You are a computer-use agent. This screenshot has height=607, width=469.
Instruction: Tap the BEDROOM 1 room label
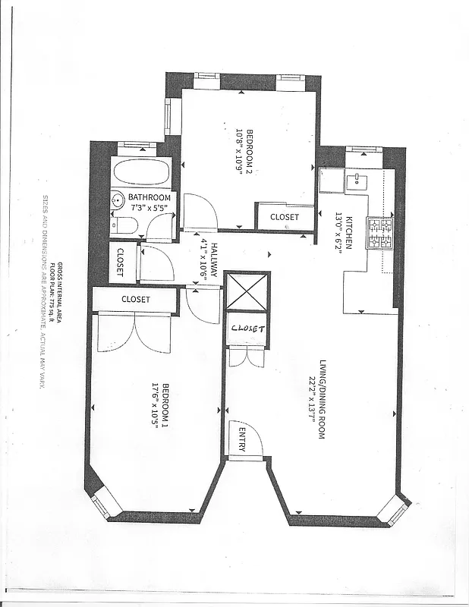coord(165,407)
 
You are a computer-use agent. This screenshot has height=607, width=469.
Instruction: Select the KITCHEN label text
coord(349,232)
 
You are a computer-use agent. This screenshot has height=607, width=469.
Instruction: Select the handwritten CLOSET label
coord(247,329)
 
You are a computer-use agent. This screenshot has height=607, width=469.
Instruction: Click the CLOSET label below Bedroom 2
coord(285,217)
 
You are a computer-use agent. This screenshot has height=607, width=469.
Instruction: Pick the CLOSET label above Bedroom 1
coord(136,300)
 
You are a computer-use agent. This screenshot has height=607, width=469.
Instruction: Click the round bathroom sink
coord(118,201)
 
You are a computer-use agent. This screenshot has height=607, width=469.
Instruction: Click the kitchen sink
coord(355,180)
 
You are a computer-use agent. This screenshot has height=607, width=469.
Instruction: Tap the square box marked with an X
coord(247,291)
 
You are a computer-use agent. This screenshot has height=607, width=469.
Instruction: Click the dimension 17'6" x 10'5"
coord(155,407)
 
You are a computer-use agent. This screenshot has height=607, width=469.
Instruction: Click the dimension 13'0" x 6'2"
coord(339,232)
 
